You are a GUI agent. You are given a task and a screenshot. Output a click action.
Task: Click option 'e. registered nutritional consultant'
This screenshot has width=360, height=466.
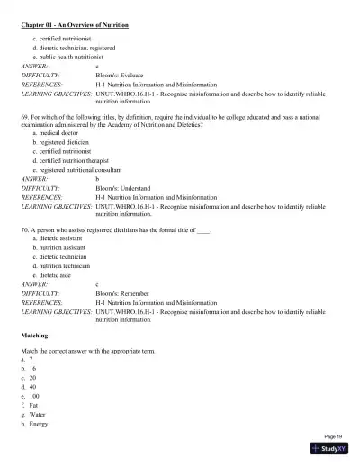pos(83,168)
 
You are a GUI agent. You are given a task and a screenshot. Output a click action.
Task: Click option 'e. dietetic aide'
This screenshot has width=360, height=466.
pos(57,274)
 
